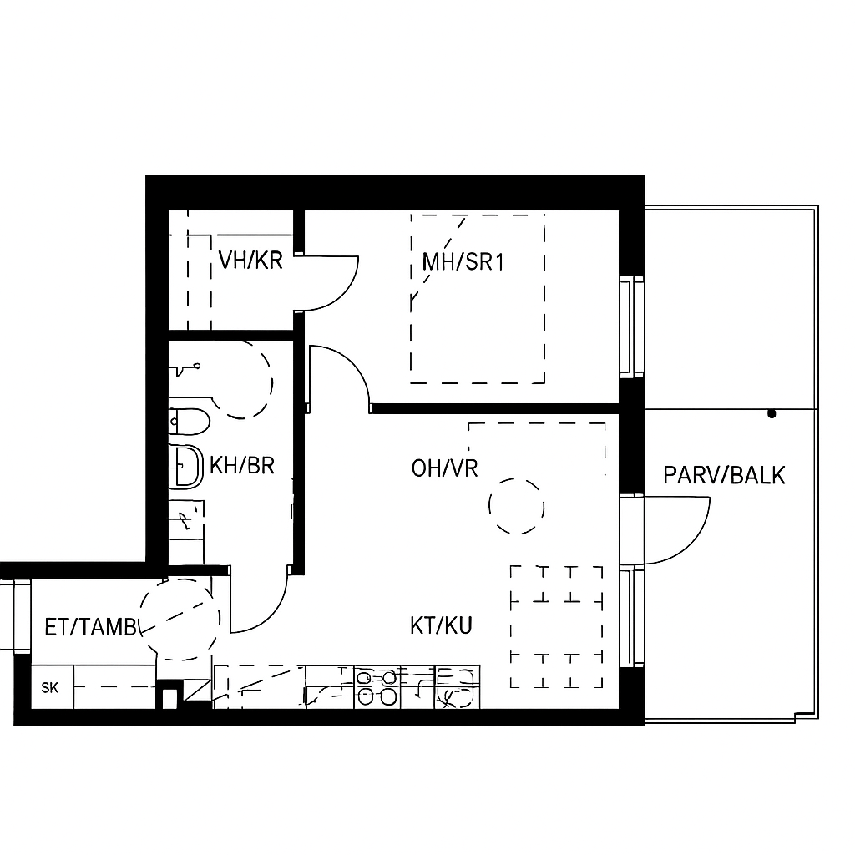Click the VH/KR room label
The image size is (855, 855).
pos(250,261)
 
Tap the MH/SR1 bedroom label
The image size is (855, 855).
pos(463,262)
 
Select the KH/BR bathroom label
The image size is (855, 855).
pos(242,466)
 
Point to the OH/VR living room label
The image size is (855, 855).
pos(444,468)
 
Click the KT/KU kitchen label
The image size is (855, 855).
pos(441,625)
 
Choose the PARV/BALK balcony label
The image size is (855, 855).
pos(724,475)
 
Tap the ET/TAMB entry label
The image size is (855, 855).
pos(90,628)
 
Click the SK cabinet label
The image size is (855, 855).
pos(49,688)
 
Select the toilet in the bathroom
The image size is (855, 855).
pos(190,422)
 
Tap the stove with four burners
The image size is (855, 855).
pos(377,687)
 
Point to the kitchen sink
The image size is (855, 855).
pos(457,687)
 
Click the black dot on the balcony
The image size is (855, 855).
pos(772,414)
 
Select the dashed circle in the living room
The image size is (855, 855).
pos(516,507)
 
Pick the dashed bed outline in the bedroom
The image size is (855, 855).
pos(478,298)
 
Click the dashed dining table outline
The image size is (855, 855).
pos(557,627)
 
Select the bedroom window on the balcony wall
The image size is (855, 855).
pos(631,326)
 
